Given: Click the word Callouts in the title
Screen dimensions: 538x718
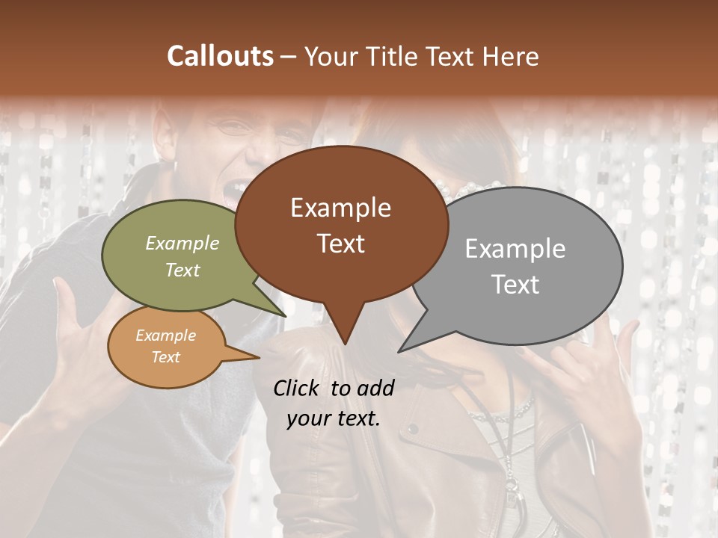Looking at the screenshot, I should (x=220, y=56).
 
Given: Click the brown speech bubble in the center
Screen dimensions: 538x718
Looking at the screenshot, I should (x=341, y=224).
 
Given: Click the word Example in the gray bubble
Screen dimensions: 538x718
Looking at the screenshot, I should (x=515, y=249).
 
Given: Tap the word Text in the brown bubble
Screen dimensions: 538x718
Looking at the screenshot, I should (x=341, y=244).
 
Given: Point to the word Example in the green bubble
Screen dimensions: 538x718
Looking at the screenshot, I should (x=182, y=244).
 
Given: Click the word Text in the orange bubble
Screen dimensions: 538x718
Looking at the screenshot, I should (x=166, y=357).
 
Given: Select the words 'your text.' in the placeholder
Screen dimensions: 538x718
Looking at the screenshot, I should (x=334, y=419).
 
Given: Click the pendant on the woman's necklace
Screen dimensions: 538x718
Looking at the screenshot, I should (x=515, y=486).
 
